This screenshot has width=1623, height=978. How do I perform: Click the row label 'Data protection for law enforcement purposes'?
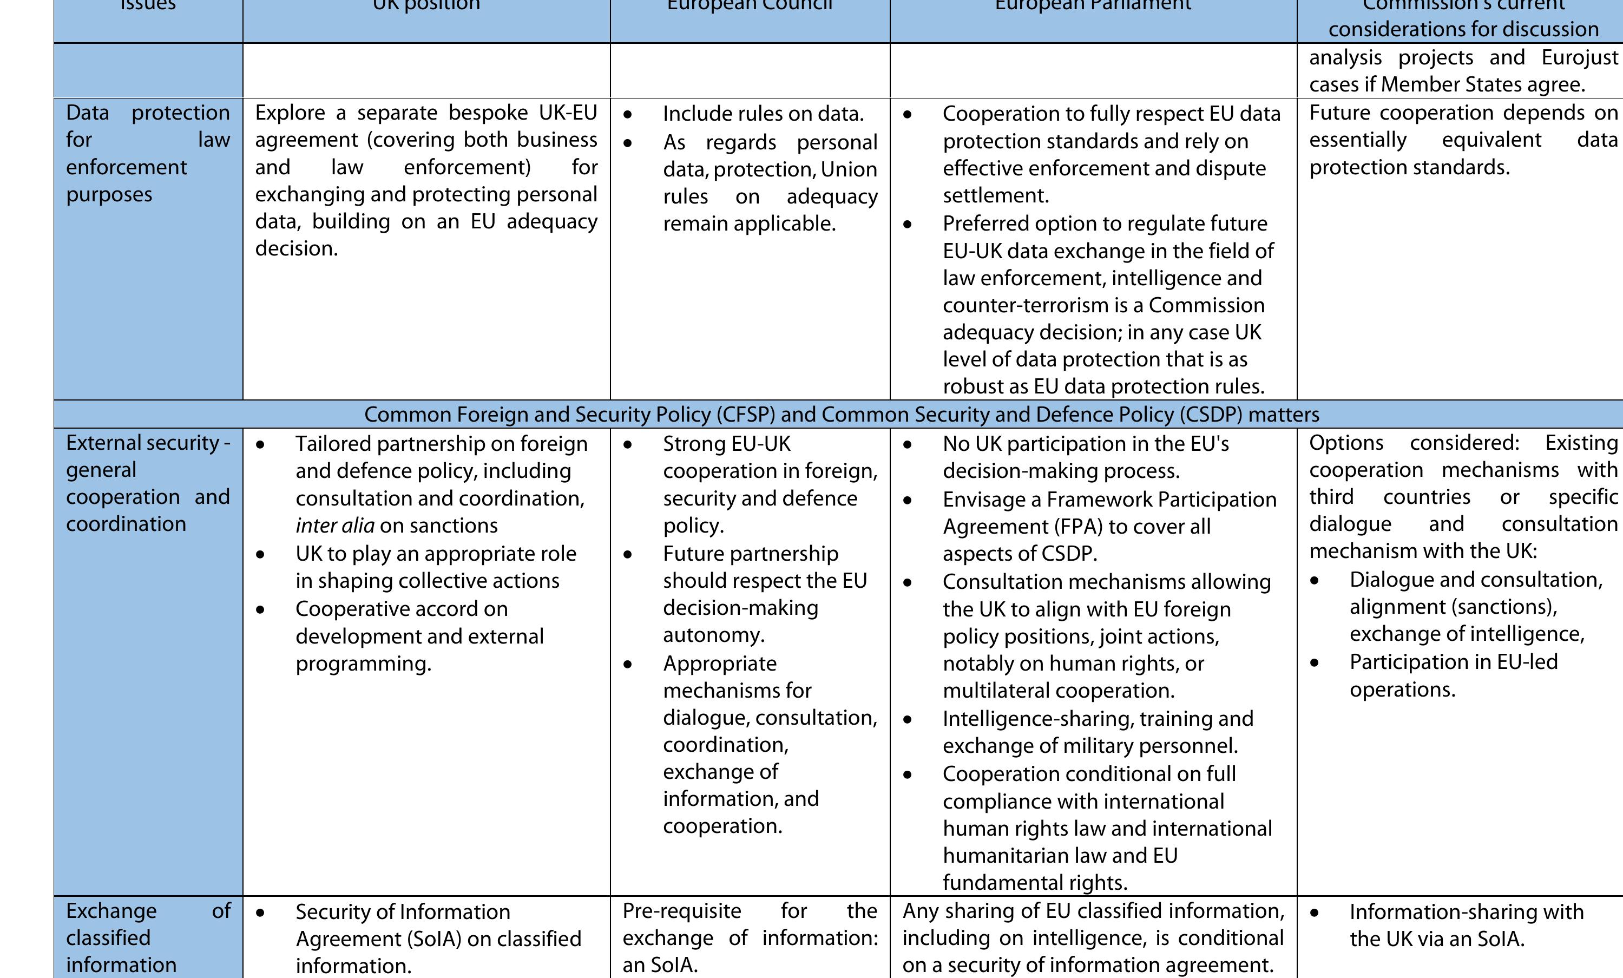coord(148,154)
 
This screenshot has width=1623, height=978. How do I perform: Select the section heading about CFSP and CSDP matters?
coord(841,414)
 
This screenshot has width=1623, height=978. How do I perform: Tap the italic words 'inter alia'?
coord(334,526)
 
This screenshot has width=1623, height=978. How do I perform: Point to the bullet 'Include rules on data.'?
coord(763,114)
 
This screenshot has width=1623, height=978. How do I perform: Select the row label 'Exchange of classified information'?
coord(148,937)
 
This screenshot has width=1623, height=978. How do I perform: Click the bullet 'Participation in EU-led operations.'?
coord(1453,675)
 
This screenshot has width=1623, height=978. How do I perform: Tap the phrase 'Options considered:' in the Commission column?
coord(1414,443)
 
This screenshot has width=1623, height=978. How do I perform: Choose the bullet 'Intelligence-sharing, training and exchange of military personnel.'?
coord(1098,732)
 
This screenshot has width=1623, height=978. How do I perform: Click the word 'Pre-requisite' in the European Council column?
coord(682,911)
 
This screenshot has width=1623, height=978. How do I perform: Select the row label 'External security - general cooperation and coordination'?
coord(148,483)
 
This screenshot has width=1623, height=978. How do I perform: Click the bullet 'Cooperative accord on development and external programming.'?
coord(419,636)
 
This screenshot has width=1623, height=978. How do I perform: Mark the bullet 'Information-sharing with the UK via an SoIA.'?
coord(1466,926)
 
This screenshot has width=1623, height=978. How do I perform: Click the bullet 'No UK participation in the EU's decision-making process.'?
coord(1086,457)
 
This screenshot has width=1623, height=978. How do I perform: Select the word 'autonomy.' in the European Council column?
coord(713,635)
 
